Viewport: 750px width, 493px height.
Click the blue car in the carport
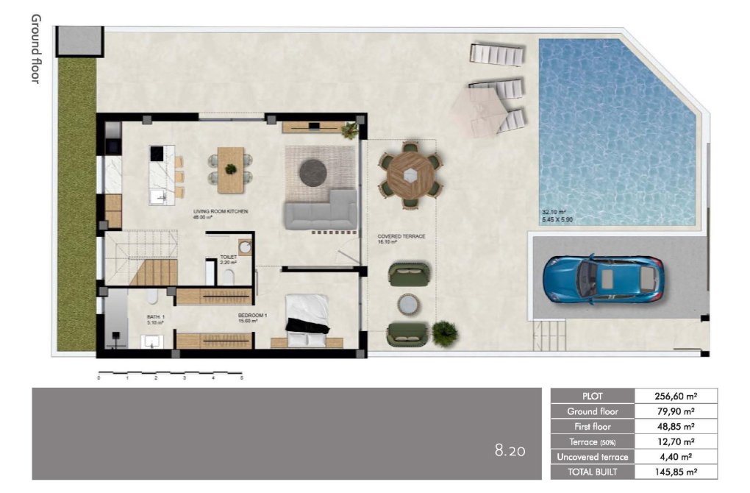click(x=603, y=280)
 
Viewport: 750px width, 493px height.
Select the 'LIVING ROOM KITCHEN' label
click(x=221, y=212)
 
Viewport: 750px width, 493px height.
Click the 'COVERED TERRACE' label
click(x=401, y=237)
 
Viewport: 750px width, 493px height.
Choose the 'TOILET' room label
click(x=228, y=258)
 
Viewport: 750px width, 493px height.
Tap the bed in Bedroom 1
click(x=307, y=319)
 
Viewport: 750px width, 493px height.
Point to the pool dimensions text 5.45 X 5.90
click(x=559, y=219)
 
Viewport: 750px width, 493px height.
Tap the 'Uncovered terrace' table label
click(x=592, y=457)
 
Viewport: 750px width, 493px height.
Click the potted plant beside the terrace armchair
click(x=444, y=333)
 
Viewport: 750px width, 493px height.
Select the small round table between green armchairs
click(x=409, y=305)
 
